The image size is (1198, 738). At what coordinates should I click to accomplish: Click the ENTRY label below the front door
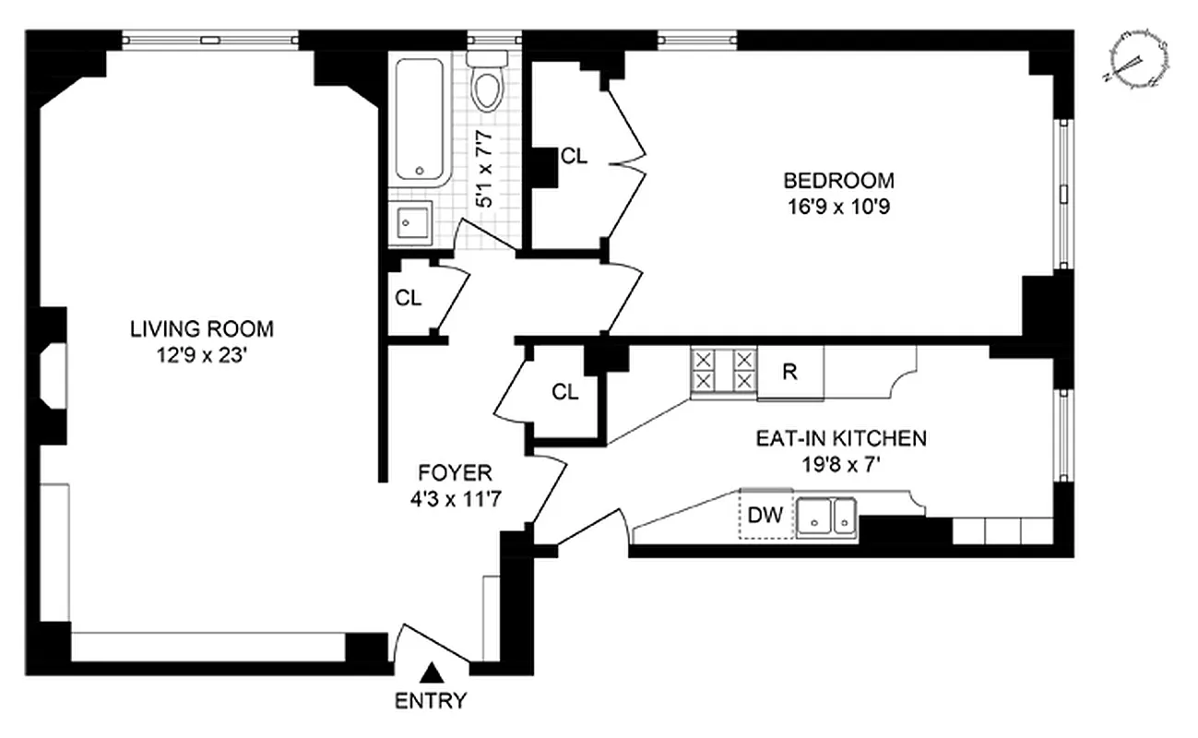pos(431,700)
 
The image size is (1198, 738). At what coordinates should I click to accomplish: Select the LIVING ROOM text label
pos(201,328)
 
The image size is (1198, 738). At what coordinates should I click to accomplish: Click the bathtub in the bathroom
pos(421,120)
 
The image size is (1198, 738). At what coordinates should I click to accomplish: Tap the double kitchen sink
pos(827,517)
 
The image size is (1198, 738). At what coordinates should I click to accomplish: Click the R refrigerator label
pos(789,373)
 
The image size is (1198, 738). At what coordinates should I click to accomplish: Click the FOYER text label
pos(455,474)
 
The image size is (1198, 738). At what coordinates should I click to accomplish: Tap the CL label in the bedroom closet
pos(574,157)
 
